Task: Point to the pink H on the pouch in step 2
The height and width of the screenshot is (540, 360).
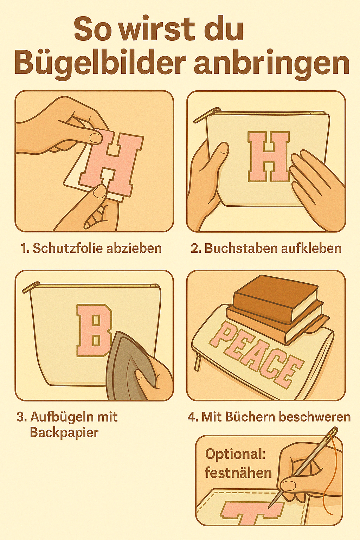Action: [x=269, y=157]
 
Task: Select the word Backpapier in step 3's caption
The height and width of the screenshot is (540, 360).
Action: [x=64, y=432]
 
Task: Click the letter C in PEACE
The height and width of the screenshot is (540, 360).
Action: [x=272, y=366]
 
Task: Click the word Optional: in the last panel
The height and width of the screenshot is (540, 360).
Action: [x=235, y=454]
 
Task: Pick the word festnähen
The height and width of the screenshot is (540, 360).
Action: [x=238, y=472]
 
